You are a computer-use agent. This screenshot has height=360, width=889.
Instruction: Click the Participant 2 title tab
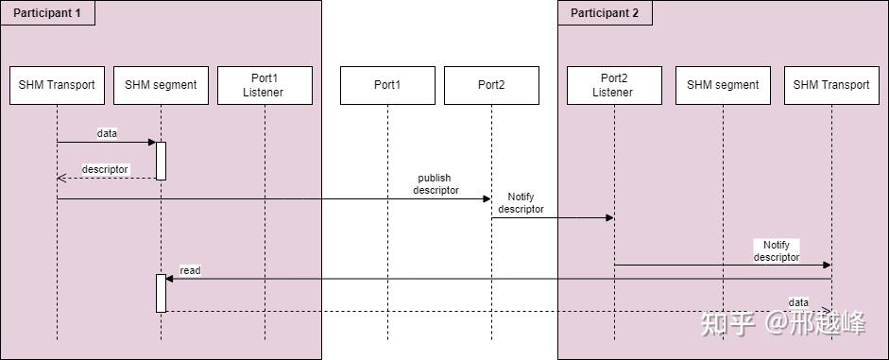[605, 12]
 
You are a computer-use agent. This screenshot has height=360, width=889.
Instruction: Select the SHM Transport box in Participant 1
[57, 85]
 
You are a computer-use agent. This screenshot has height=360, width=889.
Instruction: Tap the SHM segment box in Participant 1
[161, 85]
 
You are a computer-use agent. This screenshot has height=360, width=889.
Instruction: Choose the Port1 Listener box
[265, 85]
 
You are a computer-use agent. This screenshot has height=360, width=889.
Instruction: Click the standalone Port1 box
[387, 85]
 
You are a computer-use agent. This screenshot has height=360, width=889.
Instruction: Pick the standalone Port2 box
[491, 85]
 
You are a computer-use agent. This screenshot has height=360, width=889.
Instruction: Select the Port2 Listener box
[614, 85]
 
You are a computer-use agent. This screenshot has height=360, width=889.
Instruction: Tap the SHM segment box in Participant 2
[723, 85]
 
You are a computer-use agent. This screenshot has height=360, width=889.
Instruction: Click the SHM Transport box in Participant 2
[831, 85]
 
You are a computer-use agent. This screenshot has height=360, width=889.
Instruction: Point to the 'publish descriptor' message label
[436, 183]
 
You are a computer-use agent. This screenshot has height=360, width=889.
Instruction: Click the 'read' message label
[190, 270]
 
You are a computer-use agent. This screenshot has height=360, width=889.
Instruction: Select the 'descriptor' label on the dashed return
[105, 169]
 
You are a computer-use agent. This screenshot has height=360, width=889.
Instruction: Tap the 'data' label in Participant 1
[107, 133]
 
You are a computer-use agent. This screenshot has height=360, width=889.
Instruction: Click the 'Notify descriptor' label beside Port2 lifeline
[521, 202]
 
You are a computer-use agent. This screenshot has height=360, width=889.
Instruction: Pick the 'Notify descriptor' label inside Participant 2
[776, 250]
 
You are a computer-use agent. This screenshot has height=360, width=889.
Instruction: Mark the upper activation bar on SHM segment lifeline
[161, 161]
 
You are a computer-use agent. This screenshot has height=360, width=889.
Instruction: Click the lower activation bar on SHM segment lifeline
[161, 293]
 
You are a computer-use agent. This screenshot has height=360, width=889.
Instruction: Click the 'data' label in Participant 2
[798, 302]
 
